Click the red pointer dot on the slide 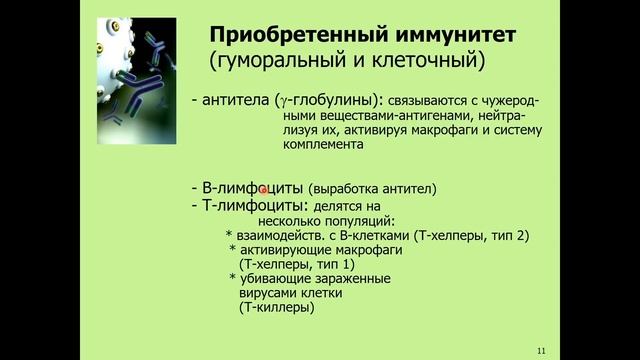click(x=264, y=189)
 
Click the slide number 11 click(x=541, y=350)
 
